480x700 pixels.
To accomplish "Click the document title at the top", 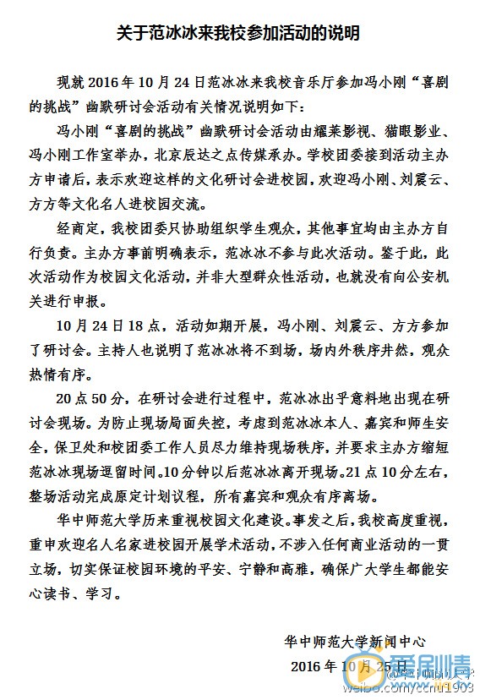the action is click(240, 34).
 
